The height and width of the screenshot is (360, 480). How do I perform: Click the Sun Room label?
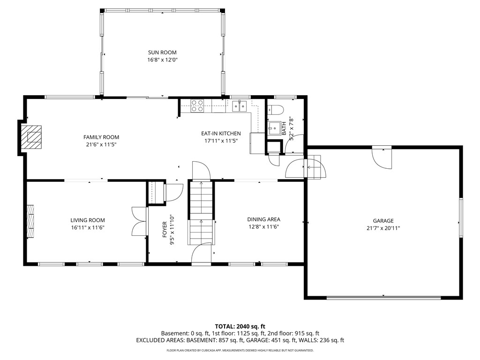[162, 52]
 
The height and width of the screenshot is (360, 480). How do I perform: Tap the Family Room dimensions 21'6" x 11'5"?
[101, 145]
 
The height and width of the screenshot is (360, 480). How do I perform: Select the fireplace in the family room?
[33, 137]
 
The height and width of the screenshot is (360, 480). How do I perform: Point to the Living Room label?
[88, 220]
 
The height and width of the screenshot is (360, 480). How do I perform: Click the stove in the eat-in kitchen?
[197, 106]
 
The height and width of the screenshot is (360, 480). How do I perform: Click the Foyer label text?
[165, 230]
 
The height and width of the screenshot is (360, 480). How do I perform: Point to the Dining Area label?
[264, 219]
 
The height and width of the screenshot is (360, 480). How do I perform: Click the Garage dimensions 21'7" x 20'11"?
[383, 228]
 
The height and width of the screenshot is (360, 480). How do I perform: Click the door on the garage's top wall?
[382, 157]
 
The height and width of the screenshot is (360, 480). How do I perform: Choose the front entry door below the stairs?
[202, 255]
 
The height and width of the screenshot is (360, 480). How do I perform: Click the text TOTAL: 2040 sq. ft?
[240, 326]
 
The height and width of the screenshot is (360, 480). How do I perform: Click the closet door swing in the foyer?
[173, 192]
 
